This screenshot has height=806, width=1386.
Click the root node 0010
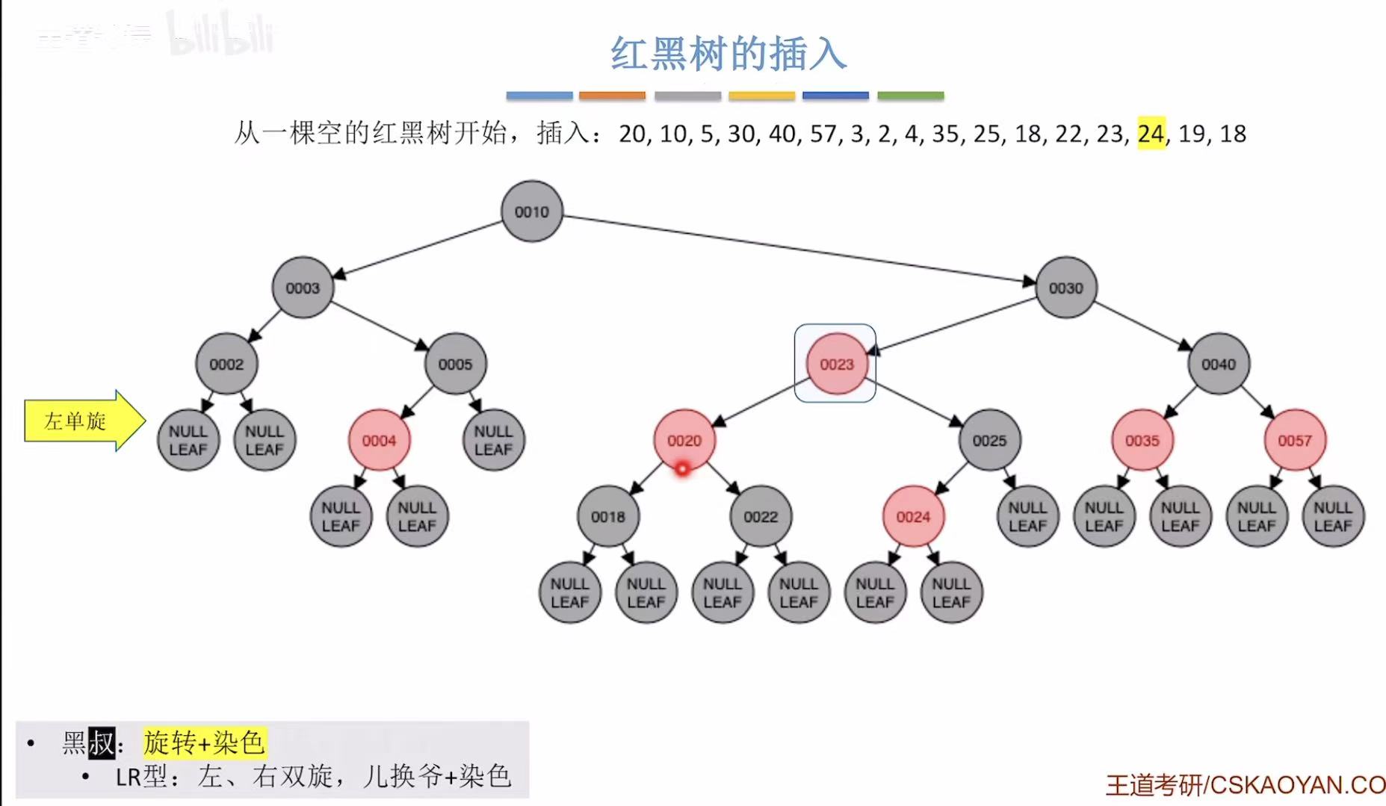(531, 211)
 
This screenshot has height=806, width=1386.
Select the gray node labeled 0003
(302, 288)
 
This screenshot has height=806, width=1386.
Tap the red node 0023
(836, 364)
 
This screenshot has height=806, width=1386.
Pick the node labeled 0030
(1065, 288)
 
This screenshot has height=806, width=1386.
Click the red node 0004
(379, 440)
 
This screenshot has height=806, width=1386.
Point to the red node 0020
(684, 440)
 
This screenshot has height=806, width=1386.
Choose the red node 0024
(913, 516)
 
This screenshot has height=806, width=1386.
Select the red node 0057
(1294, 440)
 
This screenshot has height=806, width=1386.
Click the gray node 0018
(607, 516)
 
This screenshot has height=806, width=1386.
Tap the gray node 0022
(761, 516)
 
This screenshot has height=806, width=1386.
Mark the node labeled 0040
(1218, 364)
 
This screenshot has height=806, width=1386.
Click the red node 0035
(1142, 440)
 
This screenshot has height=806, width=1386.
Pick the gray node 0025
(989, 440)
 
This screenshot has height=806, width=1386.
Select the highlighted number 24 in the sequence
(1151, 134)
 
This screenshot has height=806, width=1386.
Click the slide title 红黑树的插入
(728, 54)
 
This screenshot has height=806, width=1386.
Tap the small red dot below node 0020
(682, 469)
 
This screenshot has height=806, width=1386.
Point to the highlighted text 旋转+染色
(204, 743)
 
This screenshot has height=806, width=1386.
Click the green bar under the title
(910, 96)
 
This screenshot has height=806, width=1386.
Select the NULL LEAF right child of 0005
(493, 440)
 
